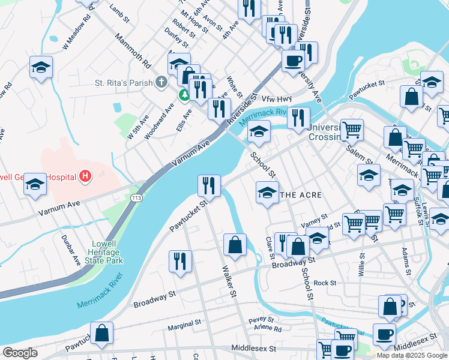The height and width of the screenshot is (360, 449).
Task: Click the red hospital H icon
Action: point(85,176)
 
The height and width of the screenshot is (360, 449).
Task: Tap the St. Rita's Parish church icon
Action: point(161,82)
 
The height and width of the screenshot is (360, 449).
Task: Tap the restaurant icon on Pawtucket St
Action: point(209,185)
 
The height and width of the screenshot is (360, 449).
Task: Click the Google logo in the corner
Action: point(20,353)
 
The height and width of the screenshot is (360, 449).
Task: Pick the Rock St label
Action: point(324,283)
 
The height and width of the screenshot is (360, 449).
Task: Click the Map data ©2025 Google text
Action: point(412,355)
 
